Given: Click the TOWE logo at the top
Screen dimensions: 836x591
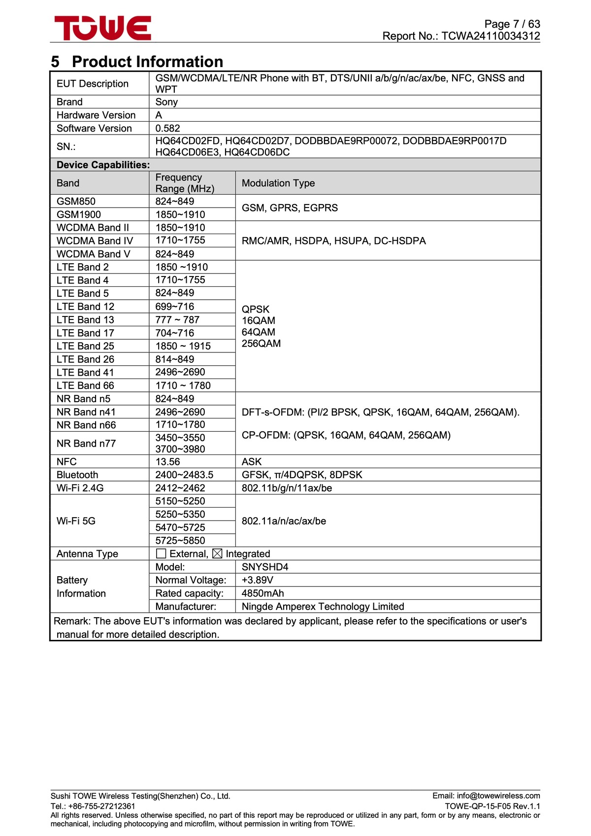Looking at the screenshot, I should click(x=102, y=28).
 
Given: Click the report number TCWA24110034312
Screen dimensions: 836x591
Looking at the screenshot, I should click(x=491, y=36).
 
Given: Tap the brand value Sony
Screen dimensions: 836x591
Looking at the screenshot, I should click(x=166, y=102).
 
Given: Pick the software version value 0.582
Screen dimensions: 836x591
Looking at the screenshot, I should click(x=167, y=128).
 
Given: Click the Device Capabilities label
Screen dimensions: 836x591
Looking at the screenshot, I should click(x=103, y=165).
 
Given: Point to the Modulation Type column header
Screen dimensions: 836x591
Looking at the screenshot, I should click(x=278, y=183).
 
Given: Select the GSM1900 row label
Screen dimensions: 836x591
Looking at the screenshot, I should click(x=79, y=214).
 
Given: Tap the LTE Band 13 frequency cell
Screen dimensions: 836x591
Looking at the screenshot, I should click(x=177, y=319).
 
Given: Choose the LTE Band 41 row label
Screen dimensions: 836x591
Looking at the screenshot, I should click(x=85, y=372).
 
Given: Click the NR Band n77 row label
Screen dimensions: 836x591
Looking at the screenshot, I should click(x=86, y=443).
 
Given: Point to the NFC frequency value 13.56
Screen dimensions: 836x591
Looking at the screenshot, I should click(x=167, y=461).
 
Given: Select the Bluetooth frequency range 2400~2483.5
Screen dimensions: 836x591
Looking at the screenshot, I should click(x=184, y=475).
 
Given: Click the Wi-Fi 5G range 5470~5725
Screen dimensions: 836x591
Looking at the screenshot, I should click(x=180, y=527).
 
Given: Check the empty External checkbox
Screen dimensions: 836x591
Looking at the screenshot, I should click(x=161, y=554).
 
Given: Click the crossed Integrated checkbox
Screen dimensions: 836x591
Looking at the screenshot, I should click(x=217, y=554).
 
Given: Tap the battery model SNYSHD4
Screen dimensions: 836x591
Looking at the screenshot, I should click(x=265, y=567).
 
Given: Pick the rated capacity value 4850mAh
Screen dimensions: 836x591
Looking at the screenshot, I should click(x=263, y=593).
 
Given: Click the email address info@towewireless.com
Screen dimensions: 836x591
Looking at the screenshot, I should click(x=498, y=796).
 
